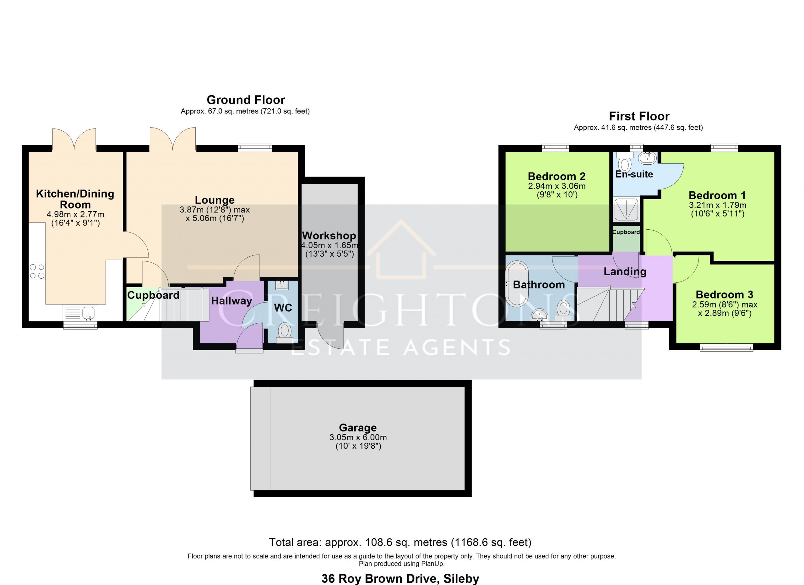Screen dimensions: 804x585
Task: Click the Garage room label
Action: pyautogui.click(x=357, y=427)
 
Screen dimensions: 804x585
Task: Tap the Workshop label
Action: pyautogui.click(x=329, y=235)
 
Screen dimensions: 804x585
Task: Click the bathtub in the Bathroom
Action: pyautogui.click(x=517, y=284)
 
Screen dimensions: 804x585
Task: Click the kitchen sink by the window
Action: pyautogui.click(x=80, y=313)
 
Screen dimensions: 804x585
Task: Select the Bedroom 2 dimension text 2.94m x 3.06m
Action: pyautogui.click(x=557, y=186)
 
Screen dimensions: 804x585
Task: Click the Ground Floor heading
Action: pyautogui.click(x=246, y=100)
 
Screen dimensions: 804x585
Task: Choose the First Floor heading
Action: pyautogui.click(x=639, y=116)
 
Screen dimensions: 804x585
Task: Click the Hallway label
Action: pyautogui.click(x=231, y=301)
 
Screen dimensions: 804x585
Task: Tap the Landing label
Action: pyautogui.click(x=625, y=271)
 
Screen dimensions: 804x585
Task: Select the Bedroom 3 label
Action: pyautogui.click(x=724, y=294)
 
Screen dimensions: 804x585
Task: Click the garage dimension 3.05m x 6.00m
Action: pyautogui.click(x=358, y=437)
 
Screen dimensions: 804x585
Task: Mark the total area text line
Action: pyautogui.click(x=400, y=542)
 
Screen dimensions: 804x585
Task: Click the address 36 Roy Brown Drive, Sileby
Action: pyautogui.click(x=400, y=579)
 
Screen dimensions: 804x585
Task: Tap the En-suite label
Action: pyautogui.click(x=634, y=174)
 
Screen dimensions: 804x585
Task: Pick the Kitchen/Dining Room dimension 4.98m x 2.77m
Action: pyautogui.click(x=75, y=214)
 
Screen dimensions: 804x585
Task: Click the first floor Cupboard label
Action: pyautogui.click(x=626, y=232)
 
